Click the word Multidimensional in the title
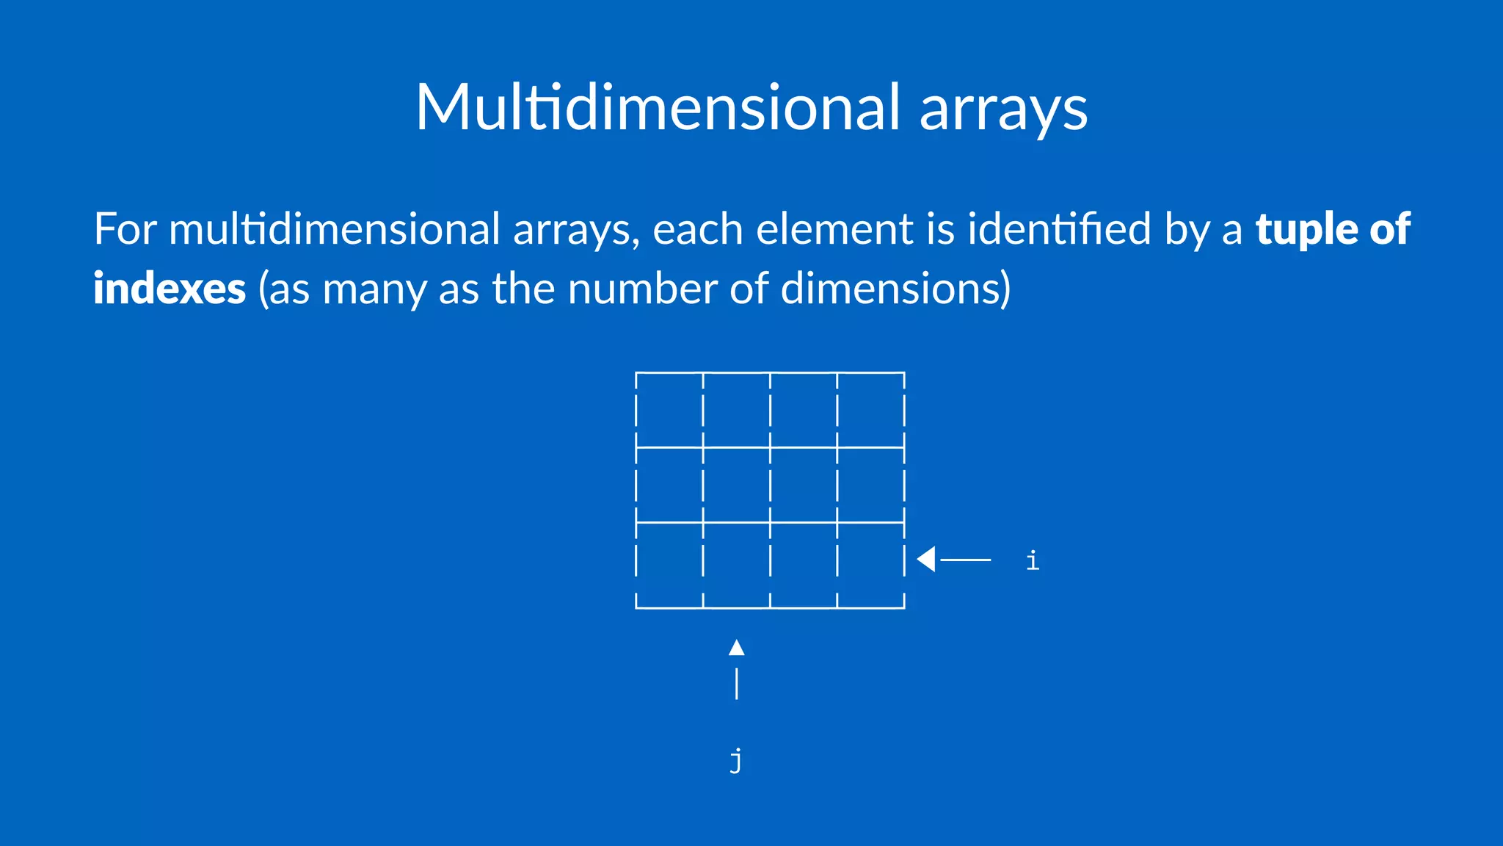(x=658, y=107)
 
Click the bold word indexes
(x=169, y=289)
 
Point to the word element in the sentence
(x=834, y=229)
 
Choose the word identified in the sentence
(x=1059, y=229)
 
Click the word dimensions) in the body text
(x=895, y=289)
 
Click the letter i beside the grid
(x=1033, y=561)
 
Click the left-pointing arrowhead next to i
(x=926, y=560)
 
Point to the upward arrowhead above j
(x=737, y=648)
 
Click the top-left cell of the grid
(x=669, y=410)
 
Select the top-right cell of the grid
(x=871, y=410)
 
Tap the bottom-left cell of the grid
(x=669, y=565)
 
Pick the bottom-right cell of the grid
(x=871, y=565)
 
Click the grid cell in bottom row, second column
(x=737, y=565)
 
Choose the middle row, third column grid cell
(x=804, y=485)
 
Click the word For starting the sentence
(x=125, y=229)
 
